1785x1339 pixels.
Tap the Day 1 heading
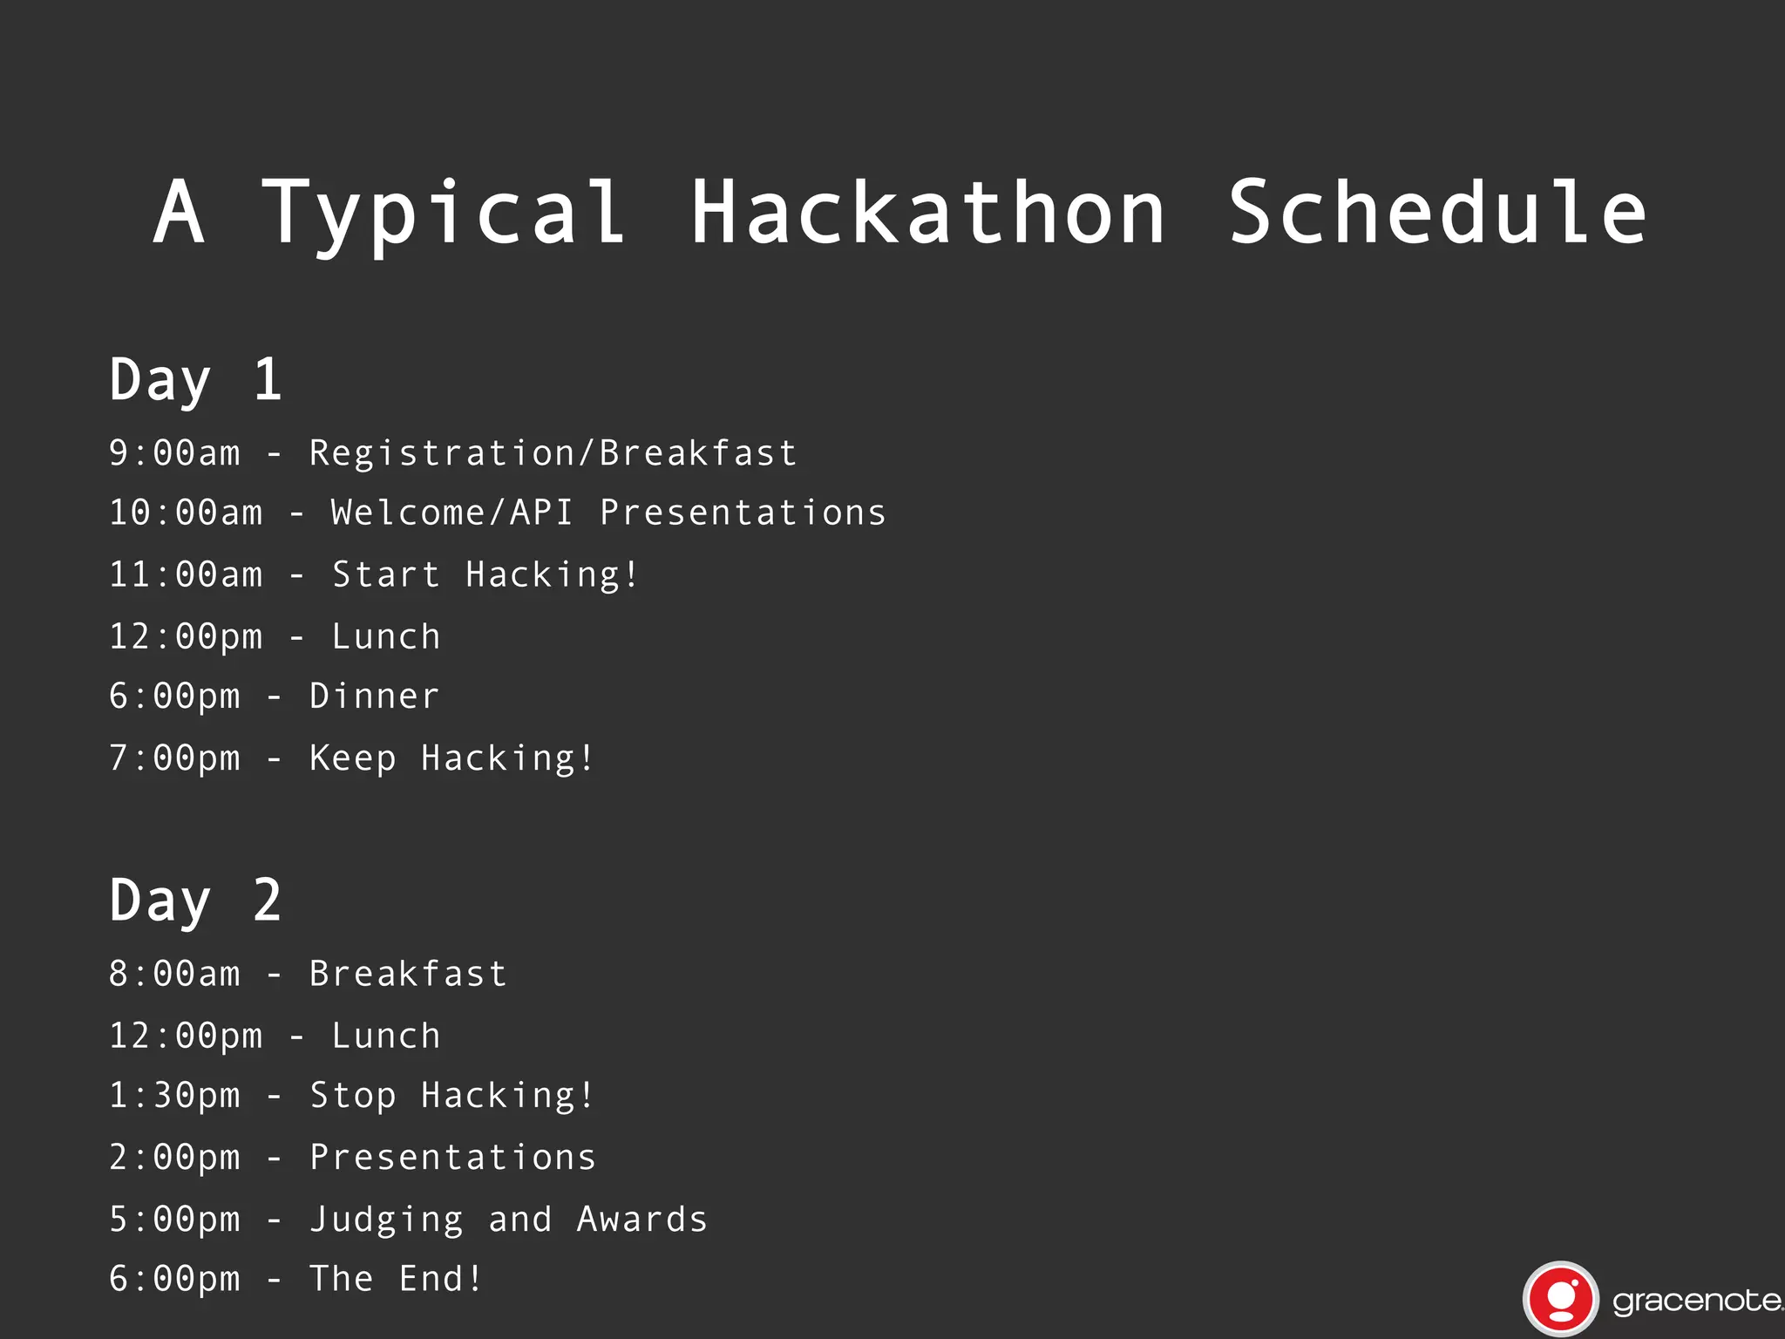point(195,380)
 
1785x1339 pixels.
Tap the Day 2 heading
point(195,901)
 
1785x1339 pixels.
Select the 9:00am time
point(174,453)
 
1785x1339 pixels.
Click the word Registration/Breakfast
point(553,453)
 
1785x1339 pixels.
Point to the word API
point(541,513)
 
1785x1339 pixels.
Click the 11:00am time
point(186,575)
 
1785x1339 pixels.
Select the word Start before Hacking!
point(386,575)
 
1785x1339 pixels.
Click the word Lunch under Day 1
point(386,637)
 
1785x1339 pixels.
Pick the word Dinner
point(375,697)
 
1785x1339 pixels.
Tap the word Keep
point(353,758)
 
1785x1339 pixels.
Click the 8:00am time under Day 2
point(174,974)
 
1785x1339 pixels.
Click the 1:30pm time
point(174,1096)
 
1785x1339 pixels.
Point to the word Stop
point(353,1096)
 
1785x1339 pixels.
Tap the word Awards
point(642,1220)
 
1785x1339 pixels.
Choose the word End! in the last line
point(441,1279)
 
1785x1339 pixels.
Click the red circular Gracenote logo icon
point(1560,1299)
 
